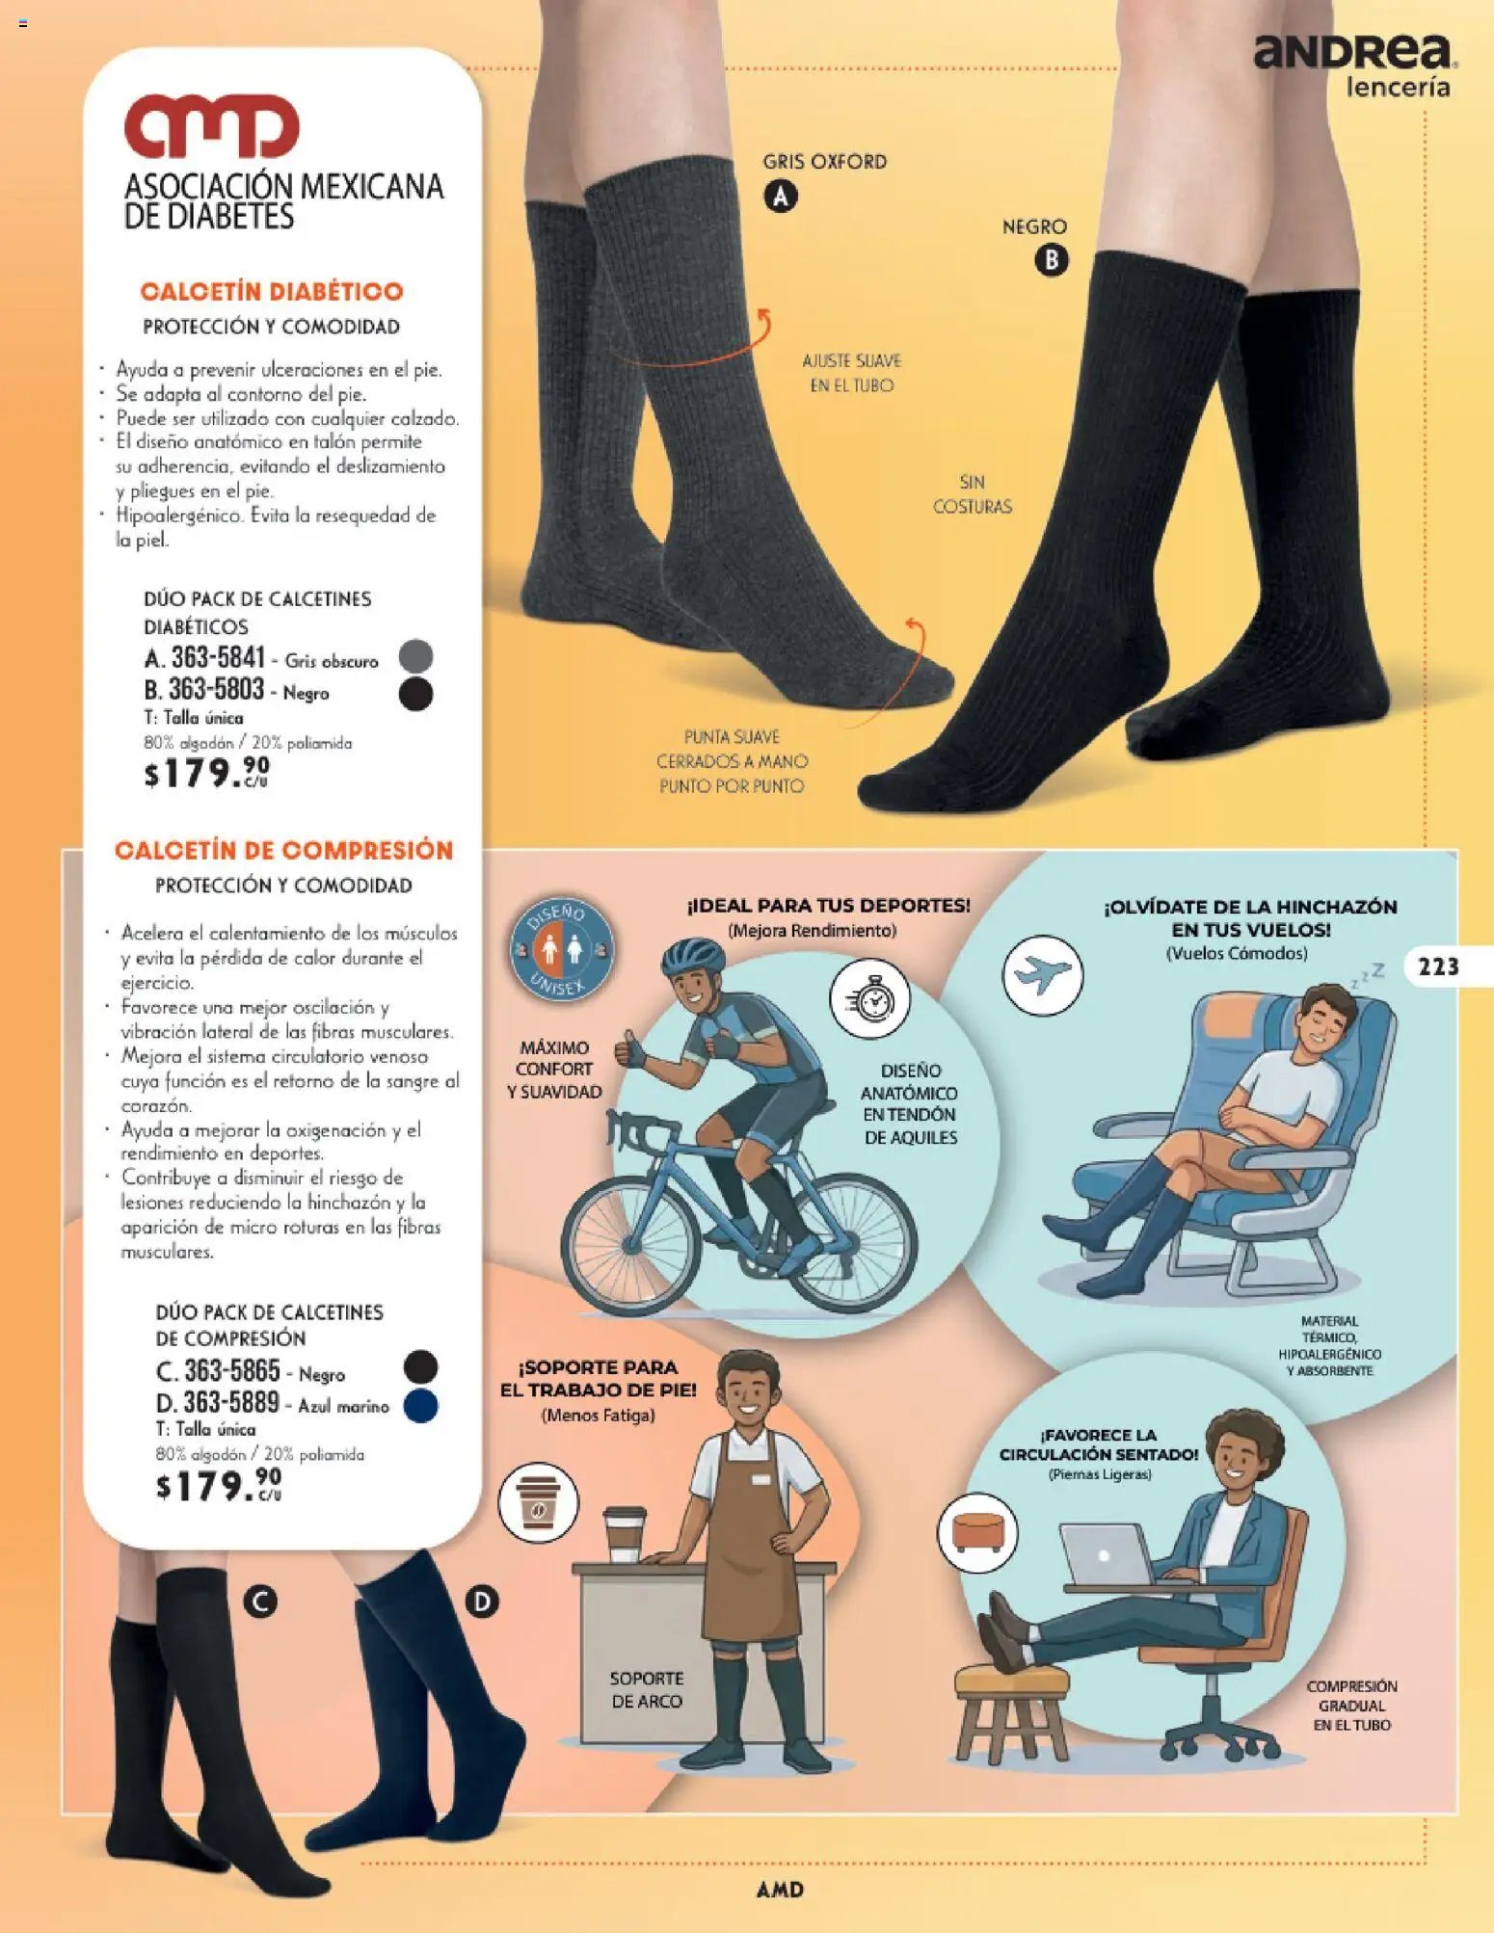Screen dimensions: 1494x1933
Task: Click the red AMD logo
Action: (x=211, y=126)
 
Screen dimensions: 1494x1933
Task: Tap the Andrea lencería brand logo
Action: (x=1355, y=66)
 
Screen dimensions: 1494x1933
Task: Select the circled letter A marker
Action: (x=781, y=197)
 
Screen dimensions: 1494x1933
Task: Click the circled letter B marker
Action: (x=1052, y=260)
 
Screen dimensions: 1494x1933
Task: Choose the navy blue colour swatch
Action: (x=421, y=1406)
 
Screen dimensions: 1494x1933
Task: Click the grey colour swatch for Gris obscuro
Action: (x=415, y=656)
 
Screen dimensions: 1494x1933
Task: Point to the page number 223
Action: (x=1438, y=966)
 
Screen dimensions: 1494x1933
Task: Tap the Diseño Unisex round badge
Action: (x=562, y=950)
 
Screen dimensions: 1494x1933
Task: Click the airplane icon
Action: (x=1043, y=975)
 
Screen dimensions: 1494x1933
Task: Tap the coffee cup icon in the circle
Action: (x=538, y=1501)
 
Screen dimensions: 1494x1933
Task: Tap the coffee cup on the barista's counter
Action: (x=624, y=1535)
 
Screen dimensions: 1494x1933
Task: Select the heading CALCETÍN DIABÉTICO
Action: (x=272, y=292)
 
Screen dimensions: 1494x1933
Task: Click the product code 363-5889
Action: (x=231, y=1402)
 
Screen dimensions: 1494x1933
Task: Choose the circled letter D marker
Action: (x=482, y=1602)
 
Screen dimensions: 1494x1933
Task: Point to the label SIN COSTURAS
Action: (x=973, y=494)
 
